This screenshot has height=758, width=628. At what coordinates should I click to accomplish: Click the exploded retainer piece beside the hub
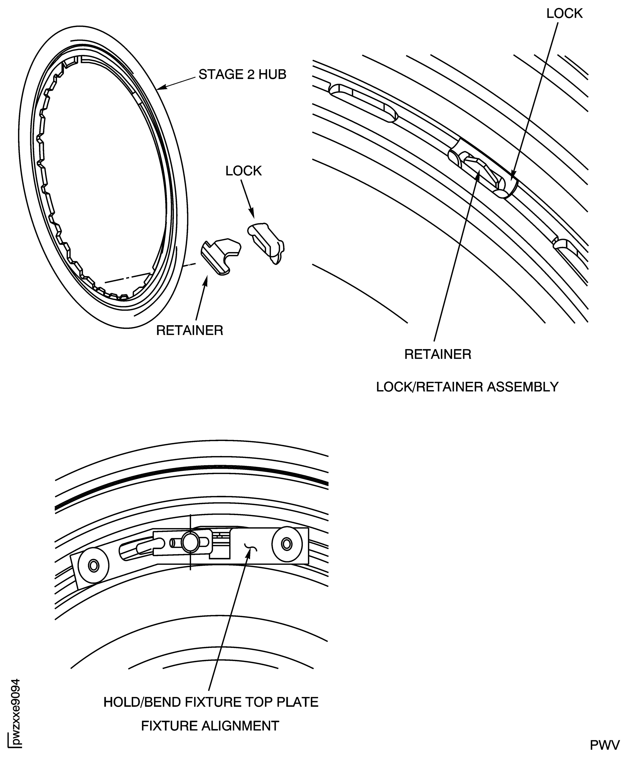tap(220, 255)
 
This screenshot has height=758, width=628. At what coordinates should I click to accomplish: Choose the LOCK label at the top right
tap(564, 14)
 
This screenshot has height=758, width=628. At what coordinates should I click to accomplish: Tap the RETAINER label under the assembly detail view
tap(437, 354)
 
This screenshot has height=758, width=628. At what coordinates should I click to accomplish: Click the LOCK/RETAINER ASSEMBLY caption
tap(467, 387)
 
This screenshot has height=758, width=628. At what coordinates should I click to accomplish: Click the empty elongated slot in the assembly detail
tap(363, 103)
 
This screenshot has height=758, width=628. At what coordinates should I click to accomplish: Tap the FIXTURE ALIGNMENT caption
tap(210, 726)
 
